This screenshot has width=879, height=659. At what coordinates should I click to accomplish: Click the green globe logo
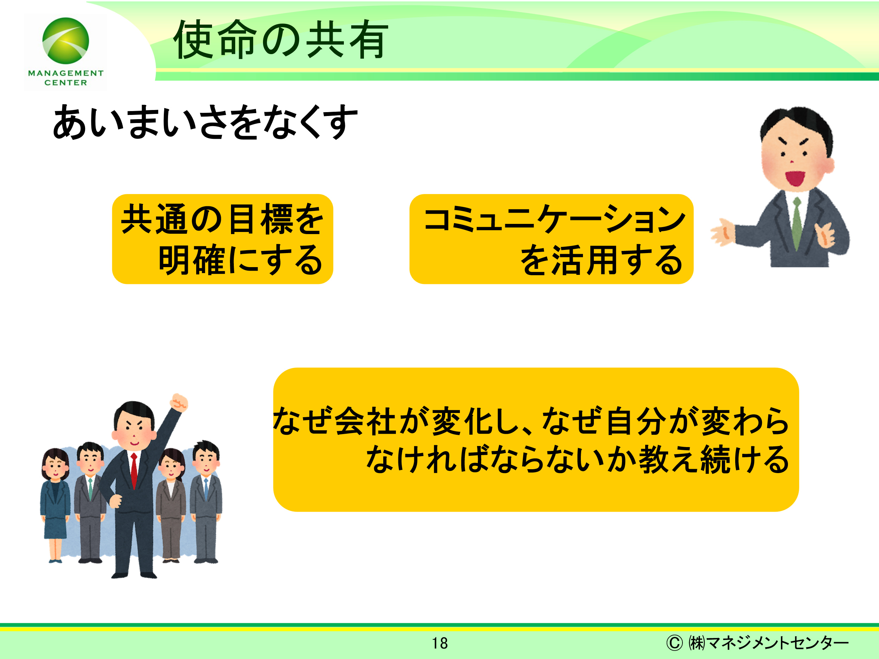[x=65, y=40]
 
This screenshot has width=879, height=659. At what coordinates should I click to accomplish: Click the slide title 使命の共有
[x=281, y=40]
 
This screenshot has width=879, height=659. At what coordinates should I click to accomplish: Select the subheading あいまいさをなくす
[x=205, y=122]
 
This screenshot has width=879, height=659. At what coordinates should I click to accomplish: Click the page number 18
[x=440, y=643]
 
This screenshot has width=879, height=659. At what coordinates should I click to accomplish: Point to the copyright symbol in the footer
[x=674, y=643]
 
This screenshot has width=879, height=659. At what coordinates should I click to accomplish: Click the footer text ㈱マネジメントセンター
[x=768, y=643]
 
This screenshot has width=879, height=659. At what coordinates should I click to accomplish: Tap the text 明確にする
[x=240, y=260]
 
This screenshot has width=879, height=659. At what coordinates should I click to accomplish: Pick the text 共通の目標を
[x=223, y=219]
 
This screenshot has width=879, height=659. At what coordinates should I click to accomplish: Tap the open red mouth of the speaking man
[x=795, y=178]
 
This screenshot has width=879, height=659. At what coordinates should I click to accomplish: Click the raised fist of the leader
[x=179, y=402]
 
